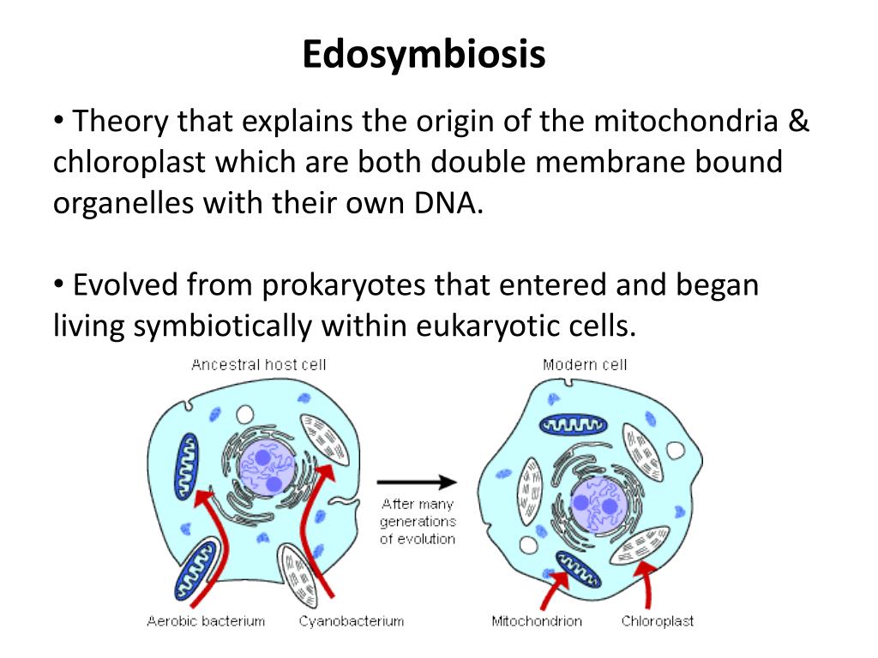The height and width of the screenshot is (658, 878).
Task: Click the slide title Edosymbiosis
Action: click(424, 56)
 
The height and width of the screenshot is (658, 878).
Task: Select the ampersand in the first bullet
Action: click(798, 122)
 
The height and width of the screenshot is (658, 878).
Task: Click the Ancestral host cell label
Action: click(258, 364)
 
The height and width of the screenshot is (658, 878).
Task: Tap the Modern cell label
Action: click(585, 364)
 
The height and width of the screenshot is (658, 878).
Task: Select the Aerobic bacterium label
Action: click(206, 621)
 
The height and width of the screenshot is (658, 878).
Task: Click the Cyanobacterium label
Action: click(351, 621)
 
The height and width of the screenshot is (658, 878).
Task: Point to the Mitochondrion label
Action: click(537, 621)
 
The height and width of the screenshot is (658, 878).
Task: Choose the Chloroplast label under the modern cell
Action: click(658, 621)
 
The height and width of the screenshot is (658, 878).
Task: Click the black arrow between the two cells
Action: click(417, 482)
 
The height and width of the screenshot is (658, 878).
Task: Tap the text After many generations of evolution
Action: click(418, 521)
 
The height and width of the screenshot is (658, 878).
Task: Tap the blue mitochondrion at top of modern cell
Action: click(573, 424)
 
